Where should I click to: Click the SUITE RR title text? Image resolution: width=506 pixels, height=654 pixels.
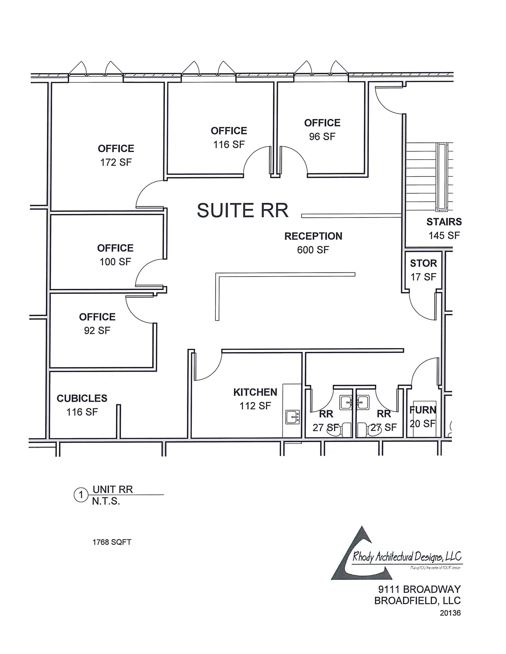click(242, 210)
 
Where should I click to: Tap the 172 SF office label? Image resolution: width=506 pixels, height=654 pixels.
click(116, 156)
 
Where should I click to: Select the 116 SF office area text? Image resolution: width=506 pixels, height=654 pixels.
click(229, 144)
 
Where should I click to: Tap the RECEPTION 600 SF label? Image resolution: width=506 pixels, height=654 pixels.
click(313, 243)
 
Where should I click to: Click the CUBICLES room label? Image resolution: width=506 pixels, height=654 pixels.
click(82, 398)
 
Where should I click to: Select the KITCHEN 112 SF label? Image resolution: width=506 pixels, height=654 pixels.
click(255, 399)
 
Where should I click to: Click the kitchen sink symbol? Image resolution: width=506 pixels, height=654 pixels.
click(292, 417)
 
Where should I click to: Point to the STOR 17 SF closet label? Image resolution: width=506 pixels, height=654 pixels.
click(423, 270)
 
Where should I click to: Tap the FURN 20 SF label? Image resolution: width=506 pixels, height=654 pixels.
click(423, 417)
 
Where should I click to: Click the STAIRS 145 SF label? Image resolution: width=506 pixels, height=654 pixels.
click(444, 228)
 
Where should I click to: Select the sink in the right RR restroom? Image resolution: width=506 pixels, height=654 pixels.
click(362, 402)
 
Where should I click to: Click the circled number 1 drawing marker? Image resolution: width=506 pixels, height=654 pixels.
click(81, 495)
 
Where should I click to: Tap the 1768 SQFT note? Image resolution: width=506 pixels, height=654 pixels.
click(112, 542)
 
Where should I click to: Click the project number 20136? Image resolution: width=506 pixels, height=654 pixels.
click(450, 613)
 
